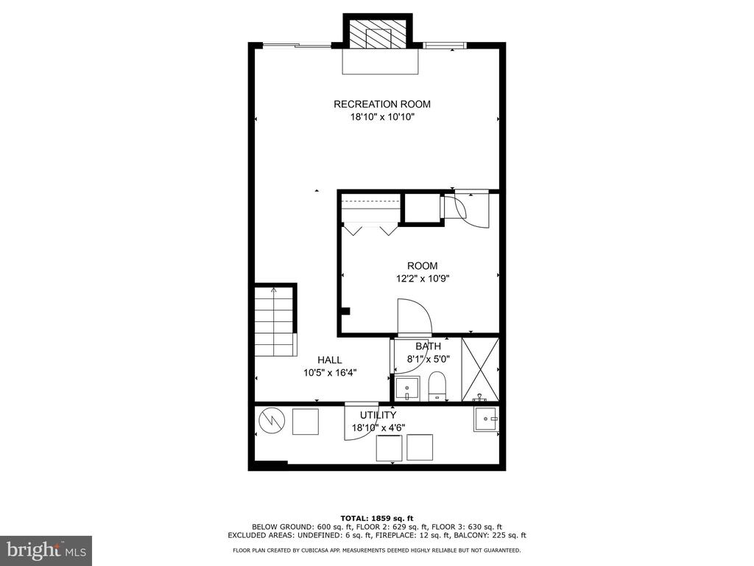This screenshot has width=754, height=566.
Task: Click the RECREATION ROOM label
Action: [x=382, y=104]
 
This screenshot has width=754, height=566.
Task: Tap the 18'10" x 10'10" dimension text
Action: [x=382, y=117]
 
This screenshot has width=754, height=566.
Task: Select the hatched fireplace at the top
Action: [x=378, y=34]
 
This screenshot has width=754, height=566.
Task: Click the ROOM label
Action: [x=422, y=265]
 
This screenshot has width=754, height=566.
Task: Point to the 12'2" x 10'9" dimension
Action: [x=422, y=278]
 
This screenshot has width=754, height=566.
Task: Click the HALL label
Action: [x=329, y=360]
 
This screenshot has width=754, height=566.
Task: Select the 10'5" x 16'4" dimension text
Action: [x=329, y=372]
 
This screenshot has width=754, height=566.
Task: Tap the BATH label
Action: [x=428, y=346]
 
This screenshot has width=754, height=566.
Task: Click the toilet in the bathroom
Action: [x=437, y=386]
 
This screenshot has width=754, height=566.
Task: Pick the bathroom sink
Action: [x=406, y=388]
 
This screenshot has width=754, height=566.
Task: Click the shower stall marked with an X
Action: [x=480, y=370]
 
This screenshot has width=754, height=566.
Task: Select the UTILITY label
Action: [x=378, y=415]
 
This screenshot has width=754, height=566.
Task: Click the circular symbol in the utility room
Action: [x=272, y=421]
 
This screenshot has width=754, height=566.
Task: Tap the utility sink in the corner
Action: [x=486, y=419]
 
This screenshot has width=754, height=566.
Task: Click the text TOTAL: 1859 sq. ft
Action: [x=377, y=518]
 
